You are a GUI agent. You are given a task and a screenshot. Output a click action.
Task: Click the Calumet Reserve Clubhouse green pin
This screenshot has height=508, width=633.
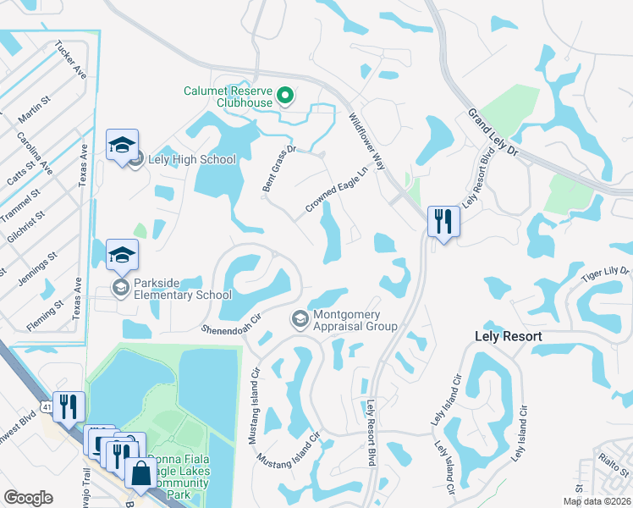click(285, 96)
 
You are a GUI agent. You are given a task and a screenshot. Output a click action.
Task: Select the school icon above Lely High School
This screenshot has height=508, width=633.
click(122, 146)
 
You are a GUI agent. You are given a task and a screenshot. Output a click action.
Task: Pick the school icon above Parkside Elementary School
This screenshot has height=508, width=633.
click(122, 254)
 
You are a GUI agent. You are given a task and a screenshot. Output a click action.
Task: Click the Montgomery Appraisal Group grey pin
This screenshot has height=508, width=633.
click(300, 319)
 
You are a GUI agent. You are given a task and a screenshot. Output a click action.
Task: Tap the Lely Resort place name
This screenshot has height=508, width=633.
click(506, 336)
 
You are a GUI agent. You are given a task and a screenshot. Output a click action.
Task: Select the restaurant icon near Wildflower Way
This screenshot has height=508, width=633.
click(443, 222)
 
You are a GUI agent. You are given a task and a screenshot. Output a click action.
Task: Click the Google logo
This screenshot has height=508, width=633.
click(28, 497)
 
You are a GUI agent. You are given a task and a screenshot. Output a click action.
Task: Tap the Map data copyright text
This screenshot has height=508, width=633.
click(597, 501)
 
